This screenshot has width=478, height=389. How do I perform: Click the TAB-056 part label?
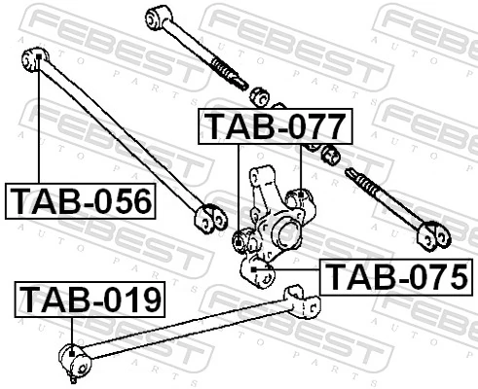(x=81, y=201)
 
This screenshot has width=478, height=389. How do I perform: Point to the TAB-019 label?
(x=91, y=300)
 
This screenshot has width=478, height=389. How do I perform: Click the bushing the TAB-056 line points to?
(x=32, y=61)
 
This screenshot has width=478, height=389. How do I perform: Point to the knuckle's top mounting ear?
(x=261, y=178)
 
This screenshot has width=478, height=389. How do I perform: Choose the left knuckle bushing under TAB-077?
(x=242, y=237)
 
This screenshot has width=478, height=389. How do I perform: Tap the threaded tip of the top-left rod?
(x=233, y=77)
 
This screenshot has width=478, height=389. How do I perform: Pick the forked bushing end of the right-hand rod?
(x=431, y=232)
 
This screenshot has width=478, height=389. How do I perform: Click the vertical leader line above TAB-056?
(x=39, y=126)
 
